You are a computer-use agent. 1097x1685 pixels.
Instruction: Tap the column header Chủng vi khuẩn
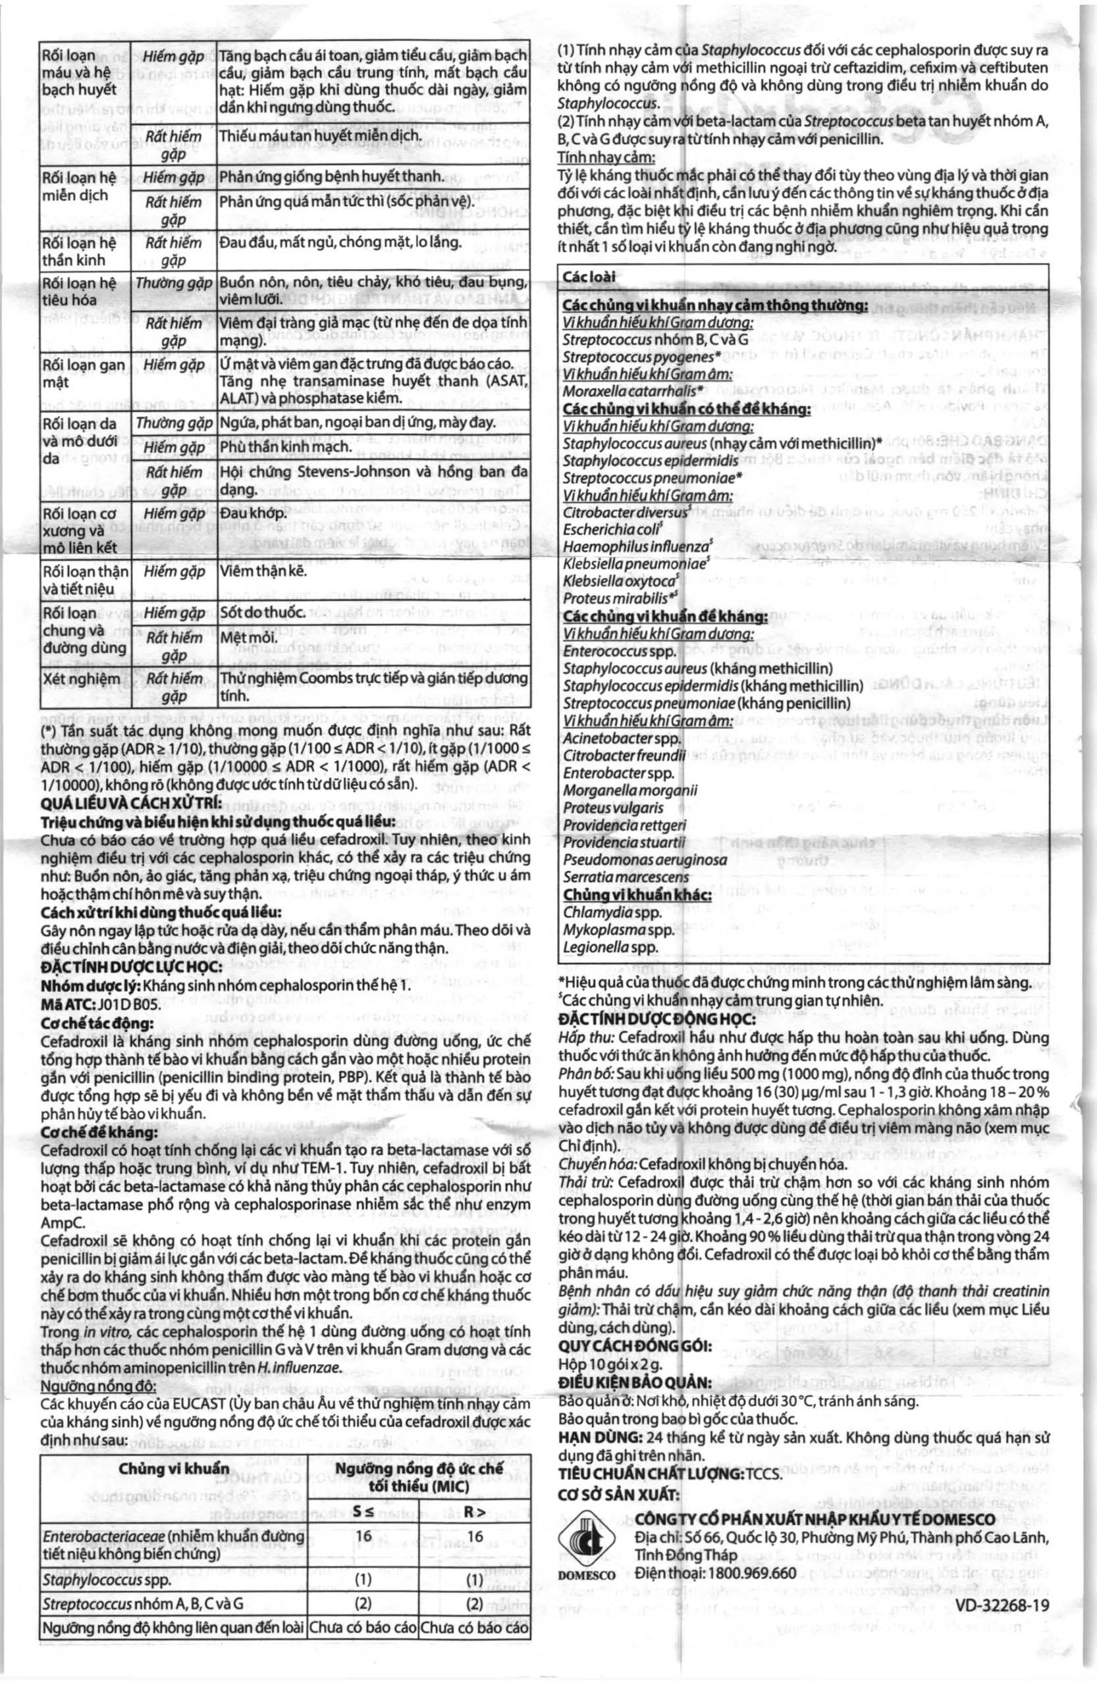174,1468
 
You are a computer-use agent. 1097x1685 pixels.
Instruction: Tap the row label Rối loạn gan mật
84,374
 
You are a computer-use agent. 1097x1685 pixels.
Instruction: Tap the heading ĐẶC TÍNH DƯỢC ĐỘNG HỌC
656,1019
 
